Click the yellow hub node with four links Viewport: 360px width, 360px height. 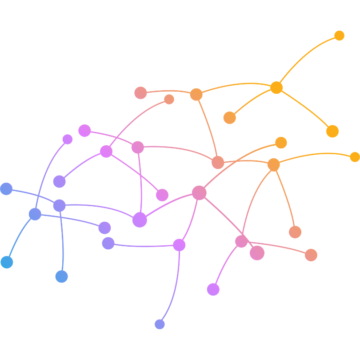tap(276, 87)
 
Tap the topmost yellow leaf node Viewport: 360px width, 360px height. tap(339, 36)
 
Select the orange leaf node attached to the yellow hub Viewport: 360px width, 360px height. tap(229, 117)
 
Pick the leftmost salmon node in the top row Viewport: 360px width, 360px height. tap(140, 93)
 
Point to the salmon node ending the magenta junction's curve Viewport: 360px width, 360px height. tap(169, 99)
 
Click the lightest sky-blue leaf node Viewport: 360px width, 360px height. tap(7, 262)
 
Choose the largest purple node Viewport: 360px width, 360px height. tap(140, 220)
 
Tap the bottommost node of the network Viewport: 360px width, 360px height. tap(160, 324)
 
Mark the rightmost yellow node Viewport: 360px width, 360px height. tap(354, 157)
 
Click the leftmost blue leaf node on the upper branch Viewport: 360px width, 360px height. tap(6, 189)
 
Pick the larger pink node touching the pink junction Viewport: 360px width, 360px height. tap(257, 253)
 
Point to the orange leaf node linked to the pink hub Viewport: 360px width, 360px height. tap(281, 143)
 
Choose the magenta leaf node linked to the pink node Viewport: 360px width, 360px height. tap(162, 195)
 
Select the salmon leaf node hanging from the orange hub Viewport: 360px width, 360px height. tap(295, 232)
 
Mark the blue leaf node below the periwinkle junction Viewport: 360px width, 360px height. tap(62, 276)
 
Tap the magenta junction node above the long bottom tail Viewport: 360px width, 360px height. tap(179, 245)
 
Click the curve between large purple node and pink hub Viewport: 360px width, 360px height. tap(169, 204)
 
